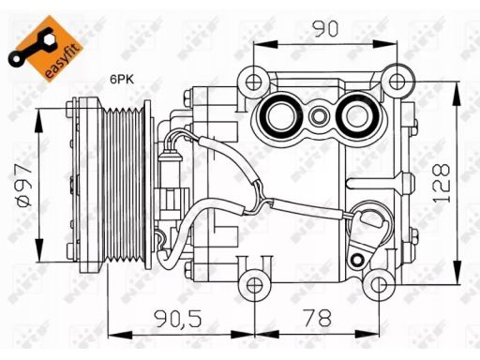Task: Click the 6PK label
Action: click(122, 80)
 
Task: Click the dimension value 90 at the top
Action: click(325, 29)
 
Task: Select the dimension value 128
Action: click(442, 183)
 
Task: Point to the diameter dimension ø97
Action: click(24, 186)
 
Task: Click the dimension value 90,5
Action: click(179, 319)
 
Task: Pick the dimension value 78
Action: click(319, 318)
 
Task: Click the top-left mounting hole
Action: click(253, 82)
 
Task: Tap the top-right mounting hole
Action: click(397, 82)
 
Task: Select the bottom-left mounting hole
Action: click(255, 285)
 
